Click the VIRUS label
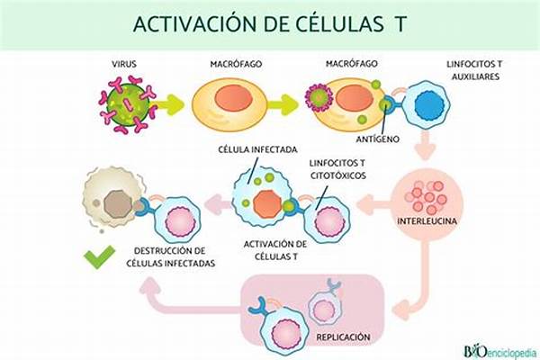click(124, 64)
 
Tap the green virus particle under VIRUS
click(128, 104)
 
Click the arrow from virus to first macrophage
click(171, 104)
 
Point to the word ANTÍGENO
click(378, 139)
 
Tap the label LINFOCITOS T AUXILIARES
click(475, 70)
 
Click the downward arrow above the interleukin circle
click(426, 145)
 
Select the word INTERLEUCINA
click(427, 220)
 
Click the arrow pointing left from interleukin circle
click(373, 205)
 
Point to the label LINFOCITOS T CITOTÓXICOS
click(338, 169)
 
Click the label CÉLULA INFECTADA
click(258, 150)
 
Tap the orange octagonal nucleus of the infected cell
click(267, 204)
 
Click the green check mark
click(100, 256)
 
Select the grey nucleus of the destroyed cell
click(119, 204)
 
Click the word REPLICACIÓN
click(344, 337)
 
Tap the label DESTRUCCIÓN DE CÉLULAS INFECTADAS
click(170, 257)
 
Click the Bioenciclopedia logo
click(499, 352)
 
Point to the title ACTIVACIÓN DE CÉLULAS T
click(270, 24)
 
